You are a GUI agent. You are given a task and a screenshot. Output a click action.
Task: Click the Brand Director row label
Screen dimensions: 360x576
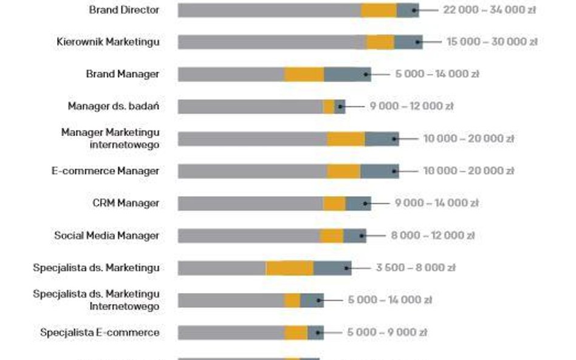click(x=124, y=10)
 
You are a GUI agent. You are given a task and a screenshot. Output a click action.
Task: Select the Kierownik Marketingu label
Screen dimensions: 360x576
click(x=108, y=42)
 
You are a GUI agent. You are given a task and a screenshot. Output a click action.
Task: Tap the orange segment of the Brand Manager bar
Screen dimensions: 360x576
click(x=304, y=74)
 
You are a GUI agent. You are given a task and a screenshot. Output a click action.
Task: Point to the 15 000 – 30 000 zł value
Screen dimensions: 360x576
click(x=492, y=42)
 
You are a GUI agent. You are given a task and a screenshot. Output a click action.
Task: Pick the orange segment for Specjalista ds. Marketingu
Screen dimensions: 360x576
click(x=289, y=268)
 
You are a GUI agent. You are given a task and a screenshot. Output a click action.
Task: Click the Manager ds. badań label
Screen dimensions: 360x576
click(x=114, y=106)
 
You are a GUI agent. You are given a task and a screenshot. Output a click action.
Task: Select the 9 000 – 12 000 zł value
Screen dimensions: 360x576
click(x=411, y=106)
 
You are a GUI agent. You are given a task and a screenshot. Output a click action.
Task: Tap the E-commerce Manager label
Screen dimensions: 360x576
click(x=105, y=171)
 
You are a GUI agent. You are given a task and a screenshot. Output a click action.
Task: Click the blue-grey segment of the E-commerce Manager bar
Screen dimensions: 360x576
click(x=380, y=171)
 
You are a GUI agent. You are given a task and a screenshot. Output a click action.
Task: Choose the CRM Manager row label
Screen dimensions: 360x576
click(x=126, y=203)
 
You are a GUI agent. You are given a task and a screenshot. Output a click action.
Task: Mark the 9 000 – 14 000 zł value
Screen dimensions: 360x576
click(x=436, y=203)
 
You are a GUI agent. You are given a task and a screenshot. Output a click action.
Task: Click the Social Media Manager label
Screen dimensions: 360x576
click(x=107, y=235)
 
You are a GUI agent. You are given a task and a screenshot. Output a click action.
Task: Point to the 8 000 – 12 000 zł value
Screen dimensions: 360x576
click(x=433, y=235)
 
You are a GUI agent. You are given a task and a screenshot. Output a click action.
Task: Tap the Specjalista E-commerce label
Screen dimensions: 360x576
click(x=100, y=332)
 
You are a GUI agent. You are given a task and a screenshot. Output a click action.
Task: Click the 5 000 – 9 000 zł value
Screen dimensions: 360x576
click(x=388, y=332)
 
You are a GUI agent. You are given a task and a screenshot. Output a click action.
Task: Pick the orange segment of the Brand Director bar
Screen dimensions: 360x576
click(x=379, y=10)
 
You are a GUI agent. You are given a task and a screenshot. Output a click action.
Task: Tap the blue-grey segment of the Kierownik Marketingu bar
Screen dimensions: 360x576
click(x=408, y=42)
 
